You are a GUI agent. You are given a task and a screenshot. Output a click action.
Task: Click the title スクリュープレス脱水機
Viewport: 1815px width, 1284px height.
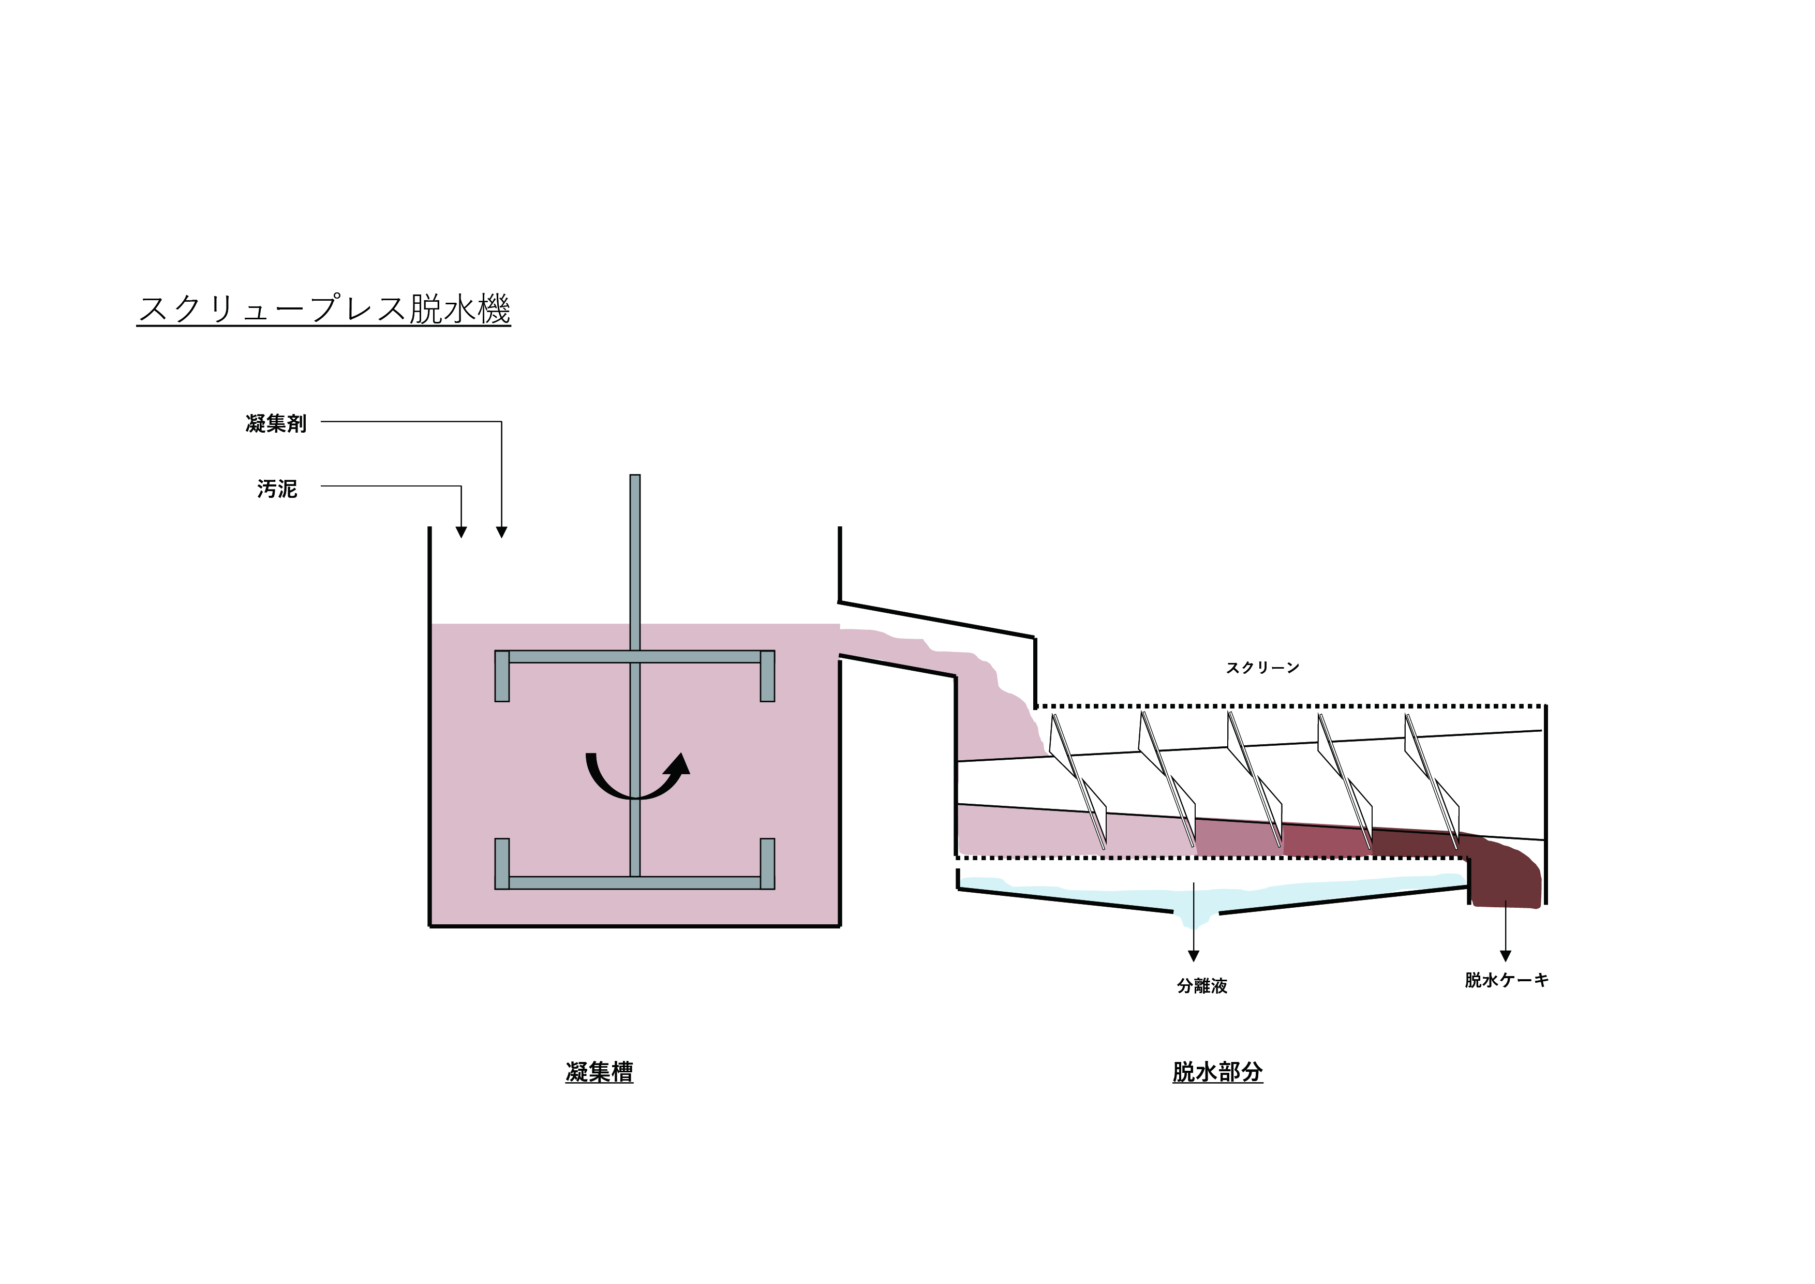click(x=324, y=308)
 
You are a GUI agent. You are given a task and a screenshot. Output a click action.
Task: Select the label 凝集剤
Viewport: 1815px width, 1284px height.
click(x=276, y=424)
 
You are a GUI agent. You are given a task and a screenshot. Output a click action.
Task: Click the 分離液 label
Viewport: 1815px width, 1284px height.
click(x=1201, y=986)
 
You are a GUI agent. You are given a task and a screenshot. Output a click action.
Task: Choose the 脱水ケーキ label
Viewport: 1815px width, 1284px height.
click(x=1506, y=980)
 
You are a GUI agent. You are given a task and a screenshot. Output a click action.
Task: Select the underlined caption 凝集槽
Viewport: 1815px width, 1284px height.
click(x=599, y=1072)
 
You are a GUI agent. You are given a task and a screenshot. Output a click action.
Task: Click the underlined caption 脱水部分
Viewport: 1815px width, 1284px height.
click(x=1217, y=1072)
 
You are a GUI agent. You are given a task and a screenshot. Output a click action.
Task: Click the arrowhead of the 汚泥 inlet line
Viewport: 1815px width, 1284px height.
click(x=461, y=532)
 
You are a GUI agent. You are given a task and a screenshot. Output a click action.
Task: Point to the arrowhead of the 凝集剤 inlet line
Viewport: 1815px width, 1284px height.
click(x=501, y=532)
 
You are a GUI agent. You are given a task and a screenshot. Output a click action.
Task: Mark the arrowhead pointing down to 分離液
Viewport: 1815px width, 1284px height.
click(x=1194, y=956)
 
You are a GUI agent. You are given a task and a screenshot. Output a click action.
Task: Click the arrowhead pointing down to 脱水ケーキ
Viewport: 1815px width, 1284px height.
click(x=1506, y=956)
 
